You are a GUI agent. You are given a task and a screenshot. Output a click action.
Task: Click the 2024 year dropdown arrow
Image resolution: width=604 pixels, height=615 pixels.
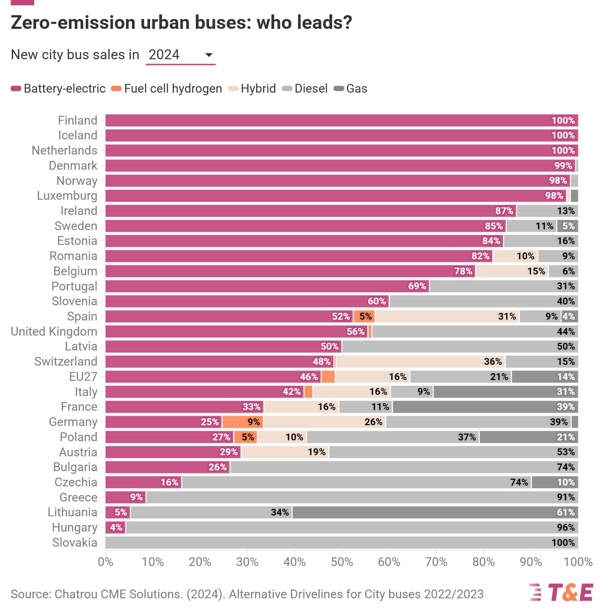[209, 55]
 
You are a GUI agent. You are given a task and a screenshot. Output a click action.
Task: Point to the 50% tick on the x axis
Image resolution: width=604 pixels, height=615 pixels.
[342, 562]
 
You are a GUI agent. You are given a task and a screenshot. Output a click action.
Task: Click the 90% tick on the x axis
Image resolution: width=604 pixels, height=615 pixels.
[531, 562]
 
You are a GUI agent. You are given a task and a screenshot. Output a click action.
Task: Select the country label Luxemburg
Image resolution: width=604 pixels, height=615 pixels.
[67, 196]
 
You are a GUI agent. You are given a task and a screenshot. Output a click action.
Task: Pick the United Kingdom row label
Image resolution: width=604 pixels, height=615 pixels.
[54, 332]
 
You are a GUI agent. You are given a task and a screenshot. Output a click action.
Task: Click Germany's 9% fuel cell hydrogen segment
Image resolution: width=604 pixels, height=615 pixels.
[243, 422]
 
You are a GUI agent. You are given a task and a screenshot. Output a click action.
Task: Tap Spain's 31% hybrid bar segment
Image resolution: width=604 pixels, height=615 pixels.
[447, 317]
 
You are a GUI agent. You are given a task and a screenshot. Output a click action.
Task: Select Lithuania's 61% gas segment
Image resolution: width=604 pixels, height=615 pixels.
[435, 512]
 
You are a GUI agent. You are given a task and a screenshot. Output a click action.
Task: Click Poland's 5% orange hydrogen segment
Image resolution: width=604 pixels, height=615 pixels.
[245, 437]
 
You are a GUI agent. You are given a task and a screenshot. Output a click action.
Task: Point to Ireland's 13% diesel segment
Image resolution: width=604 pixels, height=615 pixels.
[547, 211]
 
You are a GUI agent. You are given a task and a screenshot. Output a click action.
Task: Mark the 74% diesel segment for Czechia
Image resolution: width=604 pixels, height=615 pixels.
[356, 483]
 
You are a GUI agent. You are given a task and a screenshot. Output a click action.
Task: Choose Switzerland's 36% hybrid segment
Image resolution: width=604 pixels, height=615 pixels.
[421, 362]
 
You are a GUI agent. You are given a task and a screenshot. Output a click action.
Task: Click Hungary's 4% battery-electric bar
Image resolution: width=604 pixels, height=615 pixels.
[115, 528]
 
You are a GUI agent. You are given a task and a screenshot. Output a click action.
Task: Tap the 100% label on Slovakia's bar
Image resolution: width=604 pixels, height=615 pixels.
[563, 543]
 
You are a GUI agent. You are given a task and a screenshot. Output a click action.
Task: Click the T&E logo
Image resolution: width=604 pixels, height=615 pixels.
[561, 593]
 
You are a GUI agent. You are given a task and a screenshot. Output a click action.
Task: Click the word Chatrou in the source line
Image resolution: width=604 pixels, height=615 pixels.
[76, 594]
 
